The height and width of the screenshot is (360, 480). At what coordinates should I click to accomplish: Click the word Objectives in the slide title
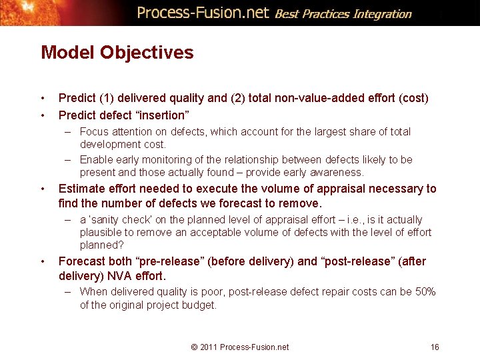tap(147, 53)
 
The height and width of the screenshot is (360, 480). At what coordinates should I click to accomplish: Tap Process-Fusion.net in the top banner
tap(203, 13)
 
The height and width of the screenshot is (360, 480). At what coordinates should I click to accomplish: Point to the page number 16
tap(435, 347)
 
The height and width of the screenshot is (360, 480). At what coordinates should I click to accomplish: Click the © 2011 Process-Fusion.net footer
tap(239, 347)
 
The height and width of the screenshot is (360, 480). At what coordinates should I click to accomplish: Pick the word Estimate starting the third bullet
tap(81, 189)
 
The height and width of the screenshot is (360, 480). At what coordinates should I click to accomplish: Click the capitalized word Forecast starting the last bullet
tap(82, 261)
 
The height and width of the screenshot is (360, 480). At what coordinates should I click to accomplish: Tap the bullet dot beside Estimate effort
tap(43, 189)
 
